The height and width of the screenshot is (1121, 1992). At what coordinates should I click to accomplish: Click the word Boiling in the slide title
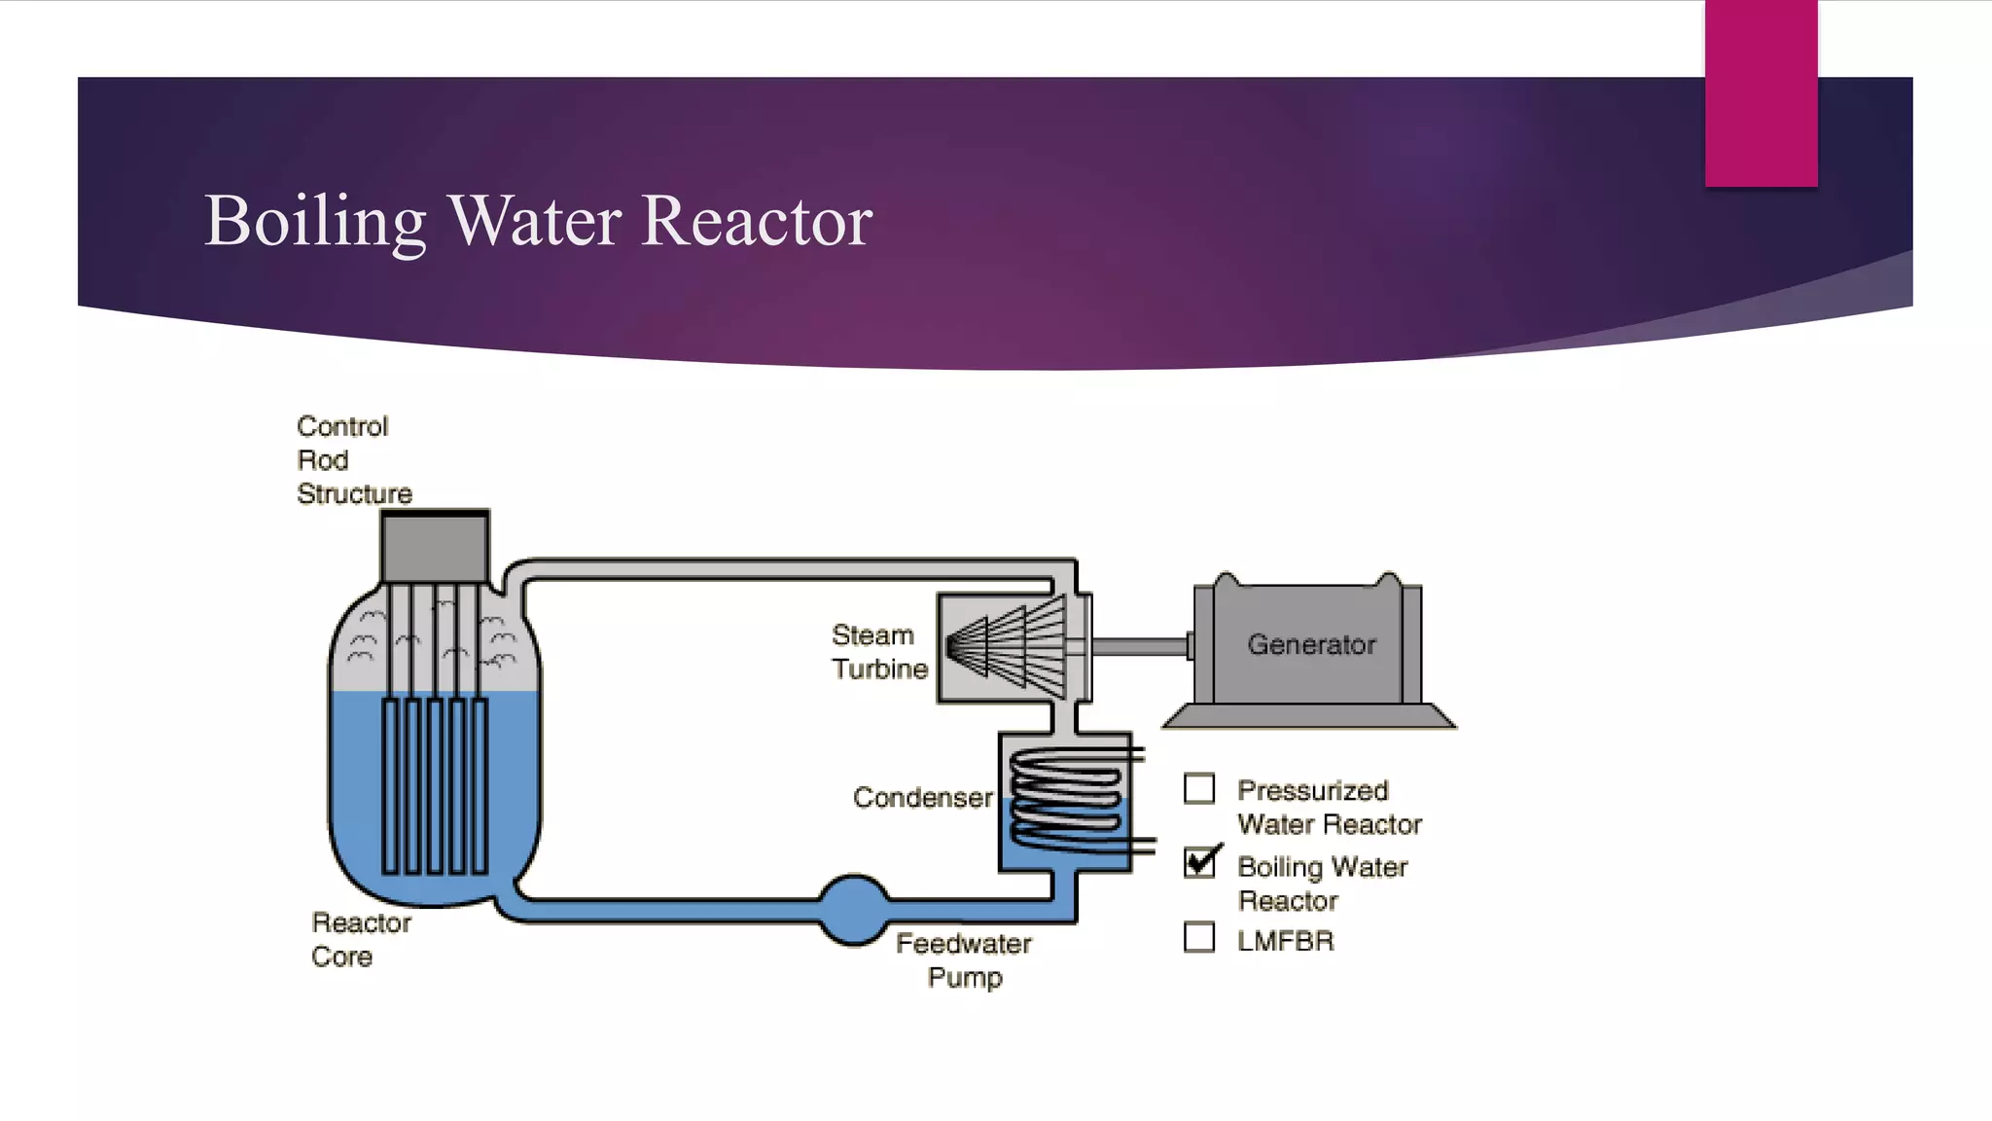pos(315,222)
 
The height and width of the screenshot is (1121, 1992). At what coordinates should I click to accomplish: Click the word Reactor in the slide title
pos(757,222)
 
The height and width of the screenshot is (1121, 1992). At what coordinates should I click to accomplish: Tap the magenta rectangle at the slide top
pos(1761,93)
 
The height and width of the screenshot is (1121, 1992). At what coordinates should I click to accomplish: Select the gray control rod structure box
pos(435,548)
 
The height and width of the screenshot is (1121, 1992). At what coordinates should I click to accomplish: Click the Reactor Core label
pos(360,939)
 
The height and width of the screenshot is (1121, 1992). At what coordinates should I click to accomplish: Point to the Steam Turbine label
pos(878,652)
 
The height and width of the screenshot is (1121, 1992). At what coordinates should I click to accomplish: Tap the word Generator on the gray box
pos(1311,644)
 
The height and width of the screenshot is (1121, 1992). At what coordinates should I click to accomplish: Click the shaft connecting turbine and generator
pos(1138,646)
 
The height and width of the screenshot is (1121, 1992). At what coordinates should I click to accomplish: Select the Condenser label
pos(922,798)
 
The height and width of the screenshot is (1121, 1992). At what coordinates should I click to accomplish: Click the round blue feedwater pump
pos(853,910)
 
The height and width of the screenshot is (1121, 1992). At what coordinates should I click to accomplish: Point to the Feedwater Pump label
pos(963,959)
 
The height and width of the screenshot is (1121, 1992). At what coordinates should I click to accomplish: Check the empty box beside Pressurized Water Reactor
pos(1199,788)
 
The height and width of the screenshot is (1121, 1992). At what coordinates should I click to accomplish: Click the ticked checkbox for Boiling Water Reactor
pos(1200,862)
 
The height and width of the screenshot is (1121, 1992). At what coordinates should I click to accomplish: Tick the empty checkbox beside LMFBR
pos(1199,937)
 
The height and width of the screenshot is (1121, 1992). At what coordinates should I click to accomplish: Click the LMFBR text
pos(1285,941)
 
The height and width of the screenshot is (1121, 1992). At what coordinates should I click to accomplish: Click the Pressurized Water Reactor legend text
pos(1328,808)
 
